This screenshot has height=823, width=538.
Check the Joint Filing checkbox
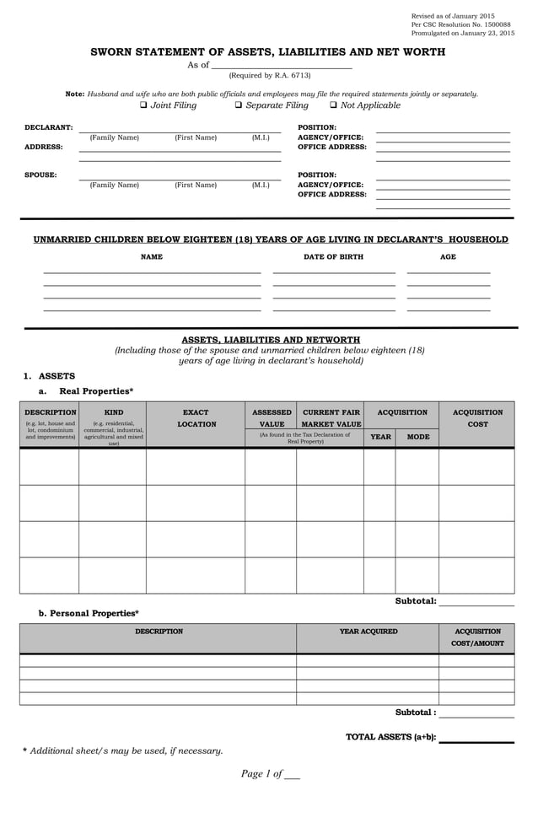tap(143, 105)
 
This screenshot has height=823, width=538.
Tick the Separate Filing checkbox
tap(239, 105)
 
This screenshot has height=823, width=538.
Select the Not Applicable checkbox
tap(334, 105)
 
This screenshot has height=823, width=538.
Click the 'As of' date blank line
tap(281, 65)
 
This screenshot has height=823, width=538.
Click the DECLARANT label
tap(48, 127)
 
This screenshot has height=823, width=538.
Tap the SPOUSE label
tap(40, 175)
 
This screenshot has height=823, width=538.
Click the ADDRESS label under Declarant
tap(43, 147)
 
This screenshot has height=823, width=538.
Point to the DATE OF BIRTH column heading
tap(333, 256)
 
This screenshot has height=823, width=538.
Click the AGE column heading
tap(448, 256)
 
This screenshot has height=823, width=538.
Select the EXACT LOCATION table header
tap(196, 418)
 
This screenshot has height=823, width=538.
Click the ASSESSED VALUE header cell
tap(272, 418)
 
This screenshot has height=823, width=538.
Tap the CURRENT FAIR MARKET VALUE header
tap(331, 418)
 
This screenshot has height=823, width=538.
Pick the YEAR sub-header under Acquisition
tap(380, 437)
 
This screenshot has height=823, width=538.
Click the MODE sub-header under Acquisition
tap(417, 437)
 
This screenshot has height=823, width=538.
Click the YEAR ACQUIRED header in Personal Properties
tap(369, 631)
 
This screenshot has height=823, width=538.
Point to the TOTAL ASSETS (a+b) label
tap(390, 736)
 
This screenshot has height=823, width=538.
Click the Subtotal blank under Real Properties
tap(476, 601)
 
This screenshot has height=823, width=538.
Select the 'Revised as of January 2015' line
tap(452, 16)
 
